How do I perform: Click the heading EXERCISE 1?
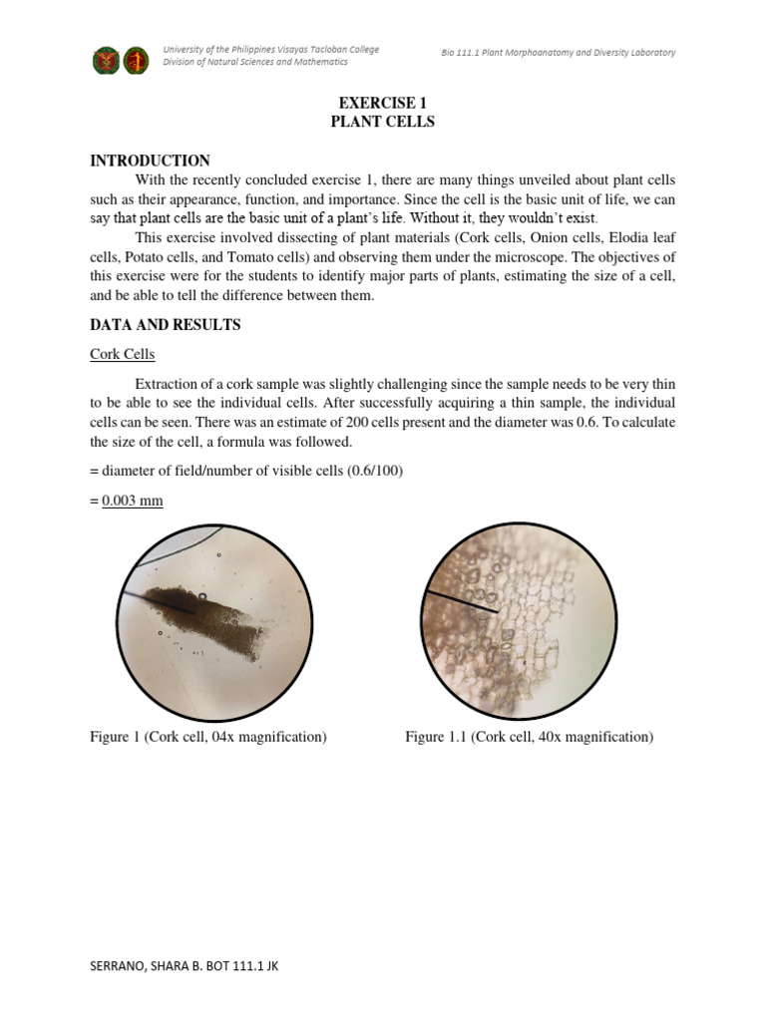(382, 103)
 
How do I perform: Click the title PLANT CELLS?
(382, 122)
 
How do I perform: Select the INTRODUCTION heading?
(150, 161)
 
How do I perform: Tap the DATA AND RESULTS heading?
(165, 325)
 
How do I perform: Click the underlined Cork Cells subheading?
(121, 354)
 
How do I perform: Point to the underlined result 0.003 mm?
(133, 501)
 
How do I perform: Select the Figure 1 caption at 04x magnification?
(208, 737)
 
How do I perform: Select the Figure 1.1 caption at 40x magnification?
(529, 737)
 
